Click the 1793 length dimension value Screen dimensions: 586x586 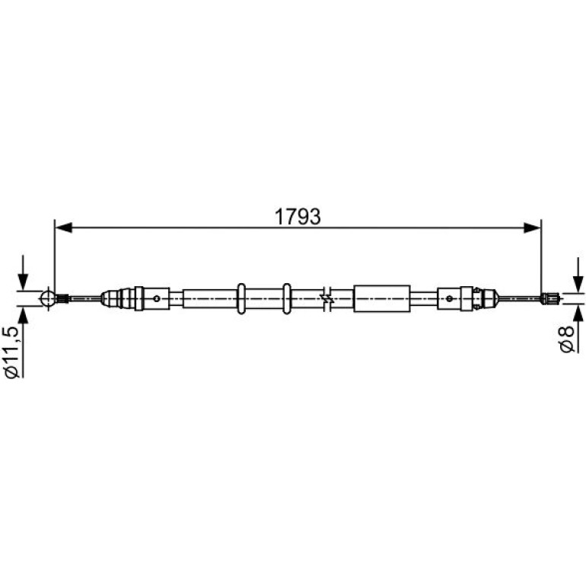click(x=298, y=217)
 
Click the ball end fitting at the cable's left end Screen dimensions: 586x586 click(x=48, y=298)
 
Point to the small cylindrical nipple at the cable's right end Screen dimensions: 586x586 click(x=550, y=298)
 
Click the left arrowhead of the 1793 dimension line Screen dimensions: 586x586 click(x=63, y=228)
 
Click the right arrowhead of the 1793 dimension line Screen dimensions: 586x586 click(x=532, y=228)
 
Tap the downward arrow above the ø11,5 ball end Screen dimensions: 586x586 click(x=23, y=272)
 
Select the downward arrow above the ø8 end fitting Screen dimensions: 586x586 click(x=578, y=275)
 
